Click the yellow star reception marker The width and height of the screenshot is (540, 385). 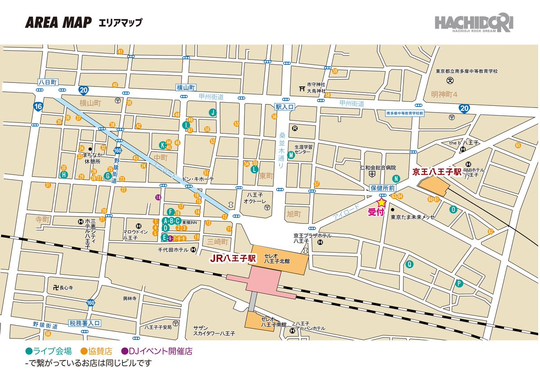point(382,203)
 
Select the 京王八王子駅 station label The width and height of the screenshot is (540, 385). point(436,172)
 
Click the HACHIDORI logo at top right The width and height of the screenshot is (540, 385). point(473,23)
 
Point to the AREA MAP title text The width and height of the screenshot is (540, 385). point(58,22)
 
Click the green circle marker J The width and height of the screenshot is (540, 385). point(212,113)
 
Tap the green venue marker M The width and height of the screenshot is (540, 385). point(291,155)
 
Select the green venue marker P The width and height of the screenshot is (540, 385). point(459,284)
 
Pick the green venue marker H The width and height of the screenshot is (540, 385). point(64,174)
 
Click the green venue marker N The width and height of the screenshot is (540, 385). point(396,178)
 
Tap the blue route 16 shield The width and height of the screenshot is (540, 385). point(37,107)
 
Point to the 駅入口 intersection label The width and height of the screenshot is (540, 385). point(284,107)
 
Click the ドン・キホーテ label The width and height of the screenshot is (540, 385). point(198,179)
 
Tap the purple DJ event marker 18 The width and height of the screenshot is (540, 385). point(158,197)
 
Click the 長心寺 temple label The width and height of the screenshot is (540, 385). point(66,287)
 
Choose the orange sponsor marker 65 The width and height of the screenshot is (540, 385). point(518,145)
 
